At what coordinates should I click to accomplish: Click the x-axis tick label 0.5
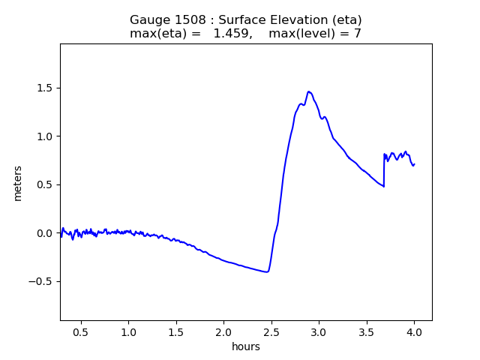tap(81, 332)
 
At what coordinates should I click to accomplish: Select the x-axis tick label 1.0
tap(128, 332)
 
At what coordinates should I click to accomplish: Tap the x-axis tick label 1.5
tap(176, 332)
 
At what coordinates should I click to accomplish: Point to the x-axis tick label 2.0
tap(223, 332)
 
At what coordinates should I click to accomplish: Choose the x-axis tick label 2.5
tap(271, 332)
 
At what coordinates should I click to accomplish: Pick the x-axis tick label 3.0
tap(319, 332)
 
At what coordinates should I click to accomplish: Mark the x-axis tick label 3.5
tap(367, 332)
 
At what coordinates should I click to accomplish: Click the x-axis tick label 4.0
tap(414, 332)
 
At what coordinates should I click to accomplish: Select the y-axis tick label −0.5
tap(40, 282)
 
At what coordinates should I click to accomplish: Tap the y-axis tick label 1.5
tap(45, 88)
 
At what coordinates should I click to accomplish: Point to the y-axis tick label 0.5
tap(45, 185)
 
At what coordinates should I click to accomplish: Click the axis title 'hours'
tap(246, 346)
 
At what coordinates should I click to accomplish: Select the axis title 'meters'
tap(18, 183)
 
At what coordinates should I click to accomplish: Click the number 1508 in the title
tap(190, 20)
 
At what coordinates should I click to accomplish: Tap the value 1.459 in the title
tap(232, 33)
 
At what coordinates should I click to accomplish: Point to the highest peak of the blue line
tap(308, 91)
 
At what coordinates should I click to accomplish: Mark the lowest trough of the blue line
tap(267, 271)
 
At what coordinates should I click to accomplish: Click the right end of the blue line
tap(415, 164)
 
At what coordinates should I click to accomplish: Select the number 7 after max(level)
tap(358, 33)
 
